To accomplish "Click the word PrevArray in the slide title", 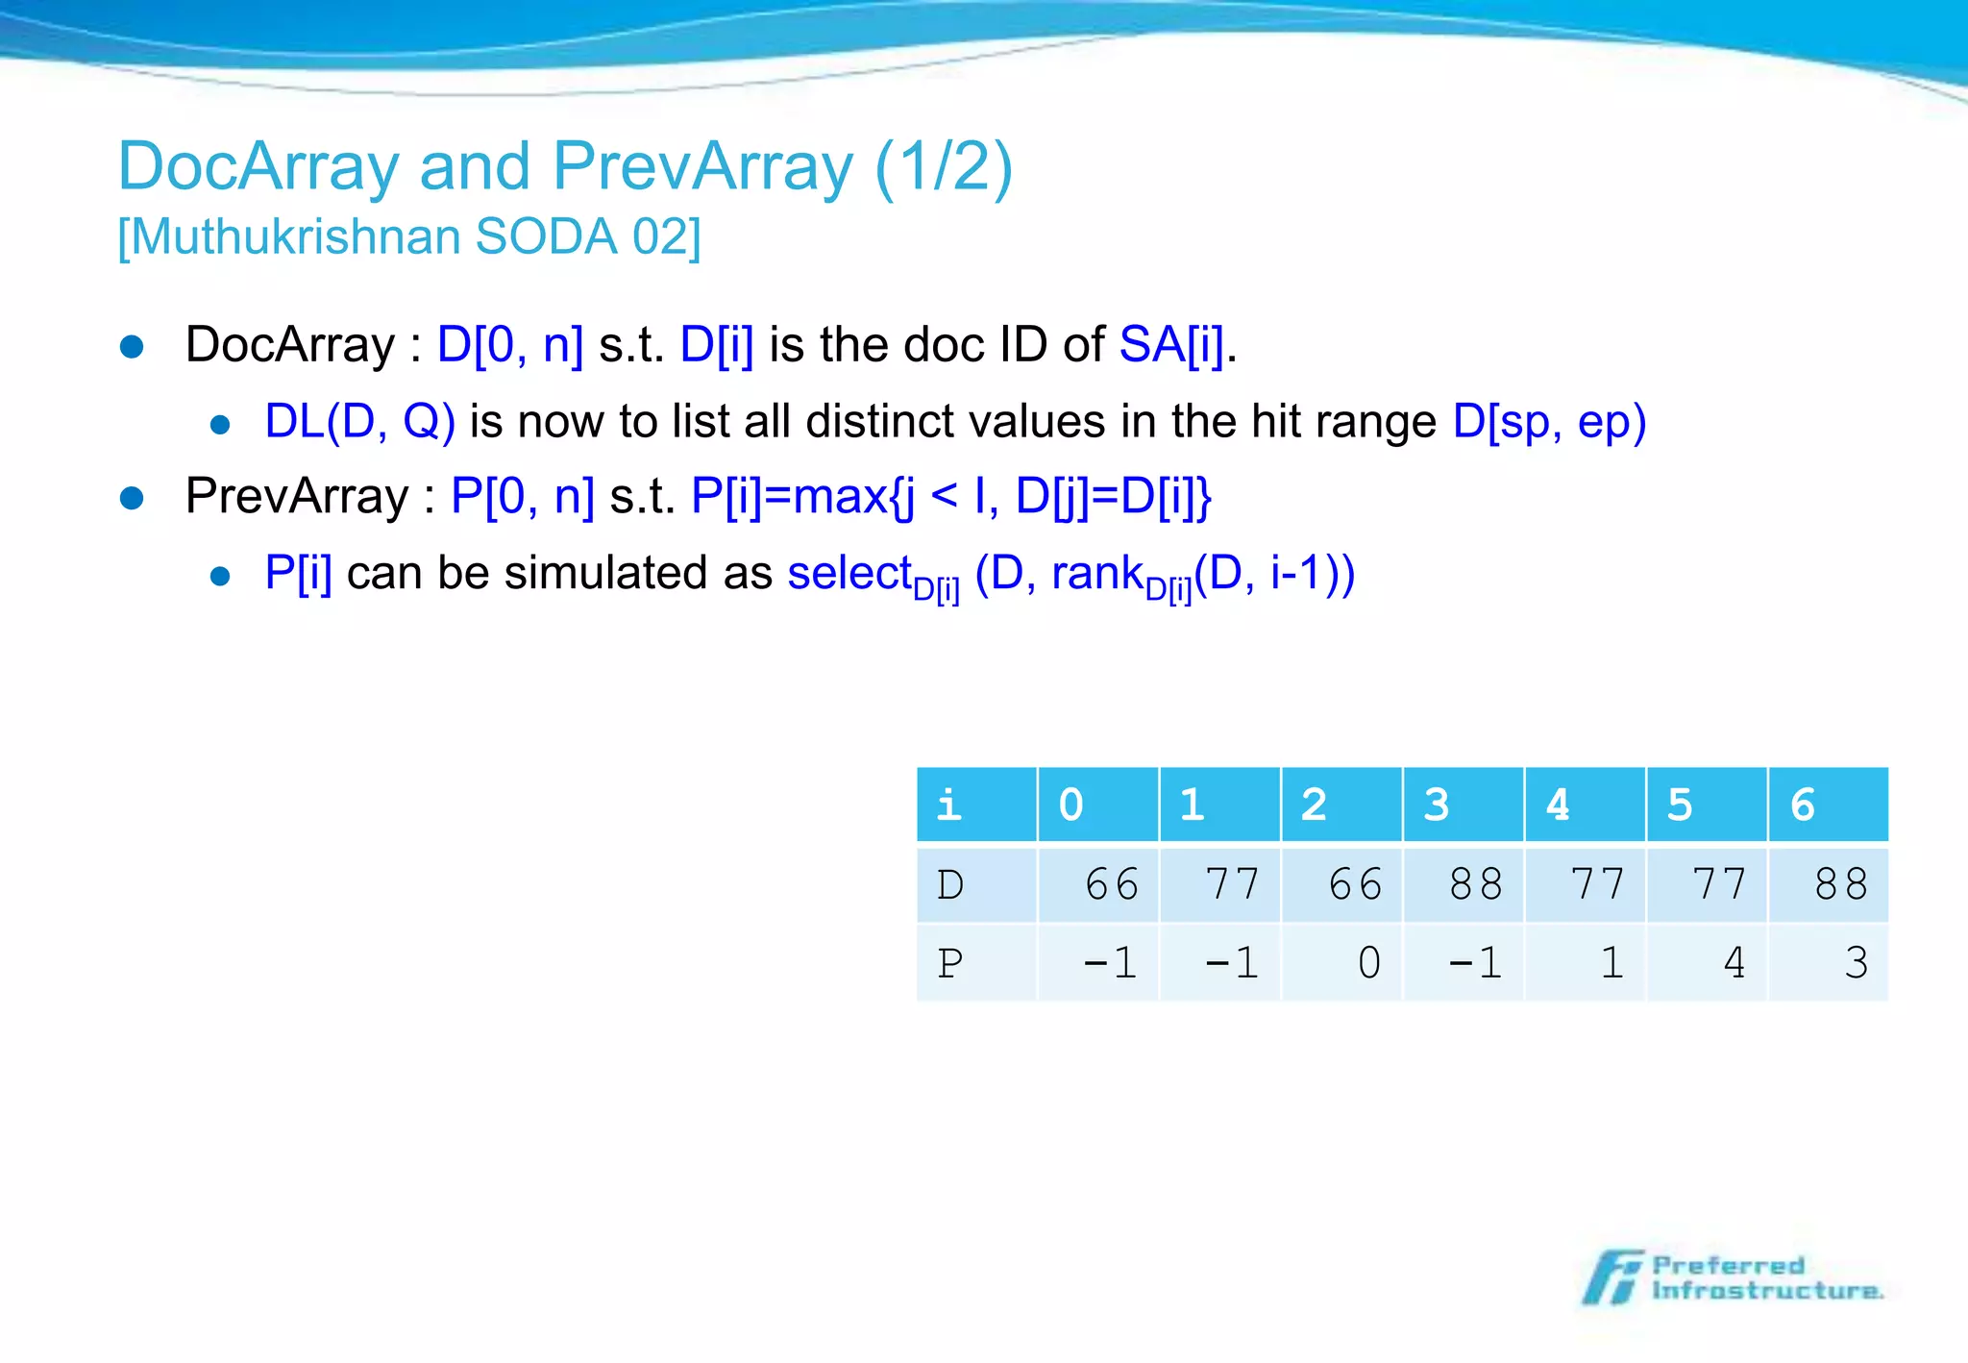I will pyautogui.click(x=701, y=167).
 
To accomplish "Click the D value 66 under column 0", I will pyautogui.click(x=1111, y=884).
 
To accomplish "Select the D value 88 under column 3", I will pyautogui.click(x=1475, y=884).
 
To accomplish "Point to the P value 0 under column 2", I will pyautogui.click(x=1368, y=963).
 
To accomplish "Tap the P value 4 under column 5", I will pyautogui.click(x=1734, y=963).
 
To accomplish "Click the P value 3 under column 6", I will pyautogui.click(x=1856, y=963).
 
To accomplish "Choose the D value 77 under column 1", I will pyautogui.click(x=1232, y=884).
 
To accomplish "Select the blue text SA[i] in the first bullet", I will pyautogui.click(x=1171, y=345).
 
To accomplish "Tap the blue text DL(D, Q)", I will pyautogui.click(x=359, y=422).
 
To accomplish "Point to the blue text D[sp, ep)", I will pyautogui.click(x=1549, y=422).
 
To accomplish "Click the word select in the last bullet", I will pyautogui.click(x=849, y=574).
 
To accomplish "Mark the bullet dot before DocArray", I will pyautogui.click(x=132, y=347).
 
